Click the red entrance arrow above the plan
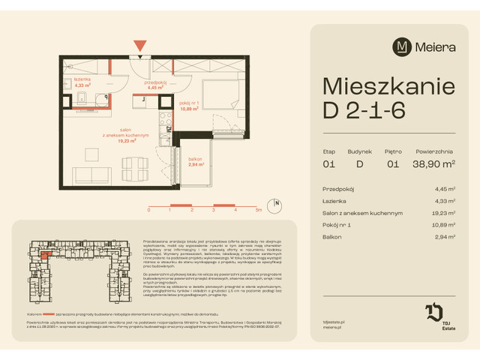[x=139, y=46]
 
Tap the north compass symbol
[x=277, y=203]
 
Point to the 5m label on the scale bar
[x=257, y=211]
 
